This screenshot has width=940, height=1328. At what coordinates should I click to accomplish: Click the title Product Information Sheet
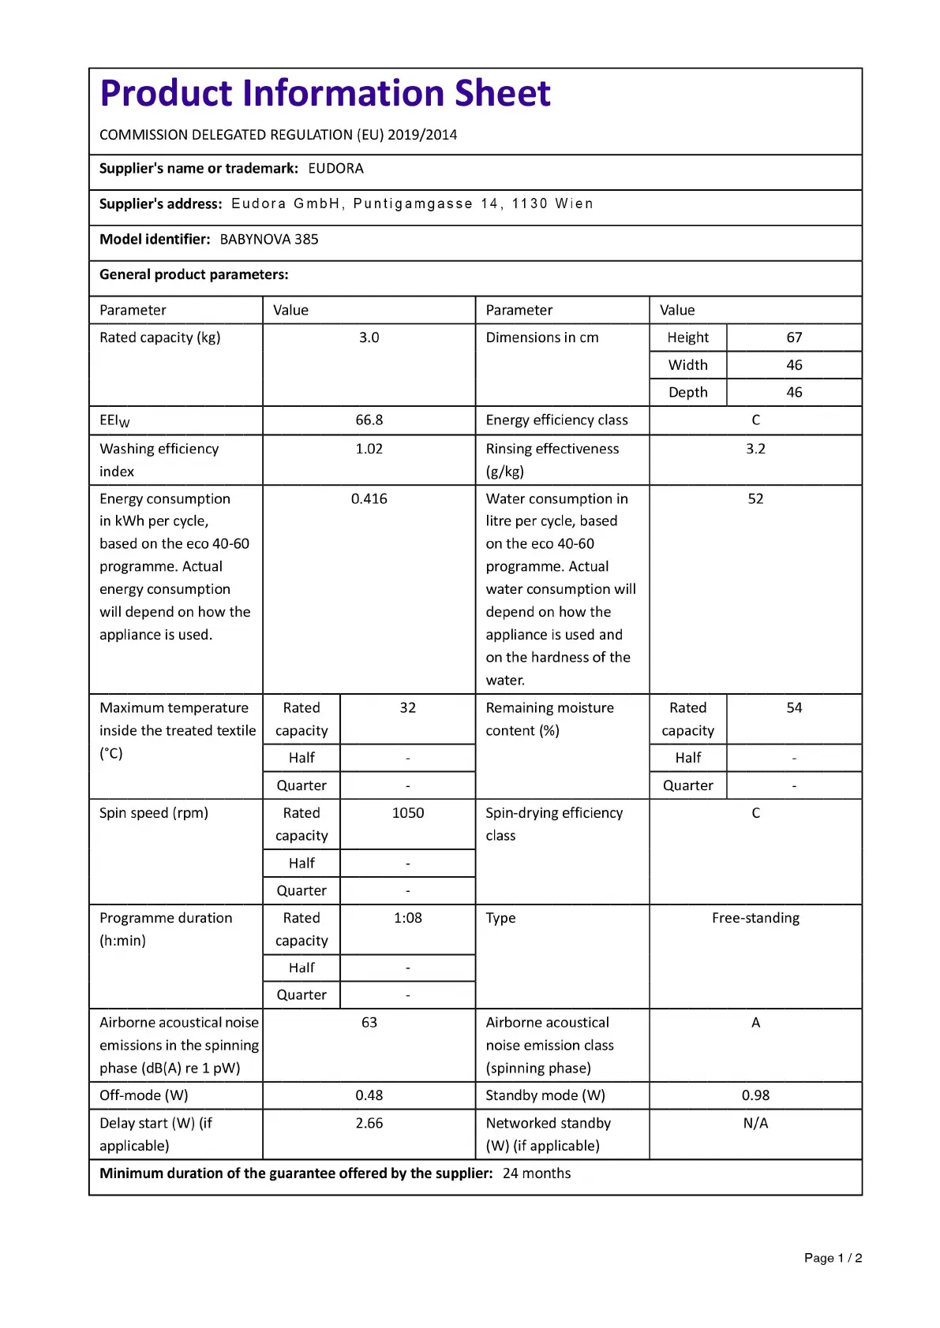324,93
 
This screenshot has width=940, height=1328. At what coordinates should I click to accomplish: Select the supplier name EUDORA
335,169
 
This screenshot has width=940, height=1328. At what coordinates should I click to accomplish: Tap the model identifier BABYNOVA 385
269,240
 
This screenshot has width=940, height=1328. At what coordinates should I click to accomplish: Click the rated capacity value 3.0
369,338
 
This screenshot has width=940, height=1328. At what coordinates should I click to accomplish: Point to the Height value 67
794,338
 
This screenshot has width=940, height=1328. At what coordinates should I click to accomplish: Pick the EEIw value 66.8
369,420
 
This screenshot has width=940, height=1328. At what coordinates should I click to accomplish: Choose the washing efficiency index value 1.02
369,449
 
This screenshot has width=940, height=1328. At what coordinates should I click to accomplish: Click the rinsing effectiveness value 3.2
755,449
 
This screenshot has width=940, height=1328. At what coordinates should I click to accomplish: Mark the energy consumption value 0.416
369,499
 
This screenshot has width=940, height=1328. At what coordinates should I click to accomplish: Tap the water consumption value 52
755,499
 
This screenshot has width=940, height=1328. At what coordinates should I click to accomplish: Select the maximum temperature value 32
407,708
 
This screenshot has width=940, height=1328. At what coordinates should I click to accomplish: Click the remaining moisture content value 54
794,708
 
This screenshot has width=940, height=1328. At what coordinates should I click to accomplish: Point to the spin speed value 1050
407,813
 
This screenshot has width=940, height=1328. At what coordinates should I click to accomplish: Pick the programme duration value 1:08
407,918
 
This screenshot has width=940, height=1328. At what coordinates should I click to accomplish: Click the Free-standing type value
755,918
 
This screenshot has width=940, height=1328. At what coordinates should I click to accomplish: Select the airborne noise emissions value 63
369,1023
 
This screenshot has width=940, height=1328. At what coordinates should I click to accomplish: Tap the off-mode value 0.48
369,1095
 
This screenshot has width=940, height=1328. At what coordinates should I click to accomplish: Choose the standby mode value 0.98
755,1095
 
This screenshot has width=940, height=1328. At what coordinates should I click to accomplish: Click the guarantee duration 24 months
537,1173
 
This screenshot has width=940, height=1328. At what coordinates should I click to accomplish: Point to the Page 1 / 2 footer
833,1258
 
